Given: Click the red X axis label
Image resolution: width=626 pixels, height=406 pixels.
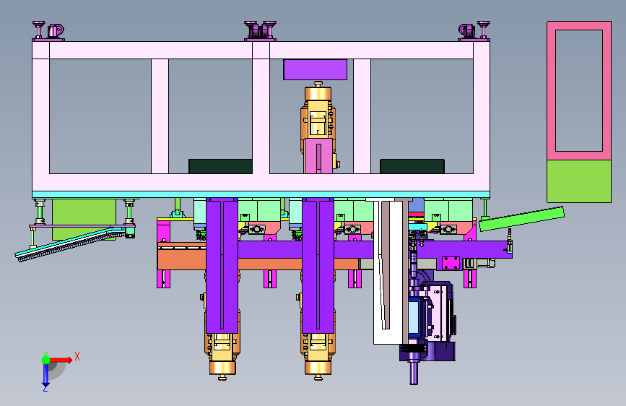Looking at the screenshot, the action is pos(77,356).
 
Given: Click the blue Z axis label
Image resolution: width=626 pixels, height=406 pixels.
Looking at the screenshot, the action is pos(45,388).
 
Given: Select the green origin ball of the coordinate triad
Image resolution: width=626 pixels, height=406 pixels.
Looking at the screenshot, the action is pos(46,360).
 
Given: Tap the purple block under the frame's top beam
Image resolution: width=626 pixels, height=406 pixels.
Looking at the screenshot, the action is pos(315,69).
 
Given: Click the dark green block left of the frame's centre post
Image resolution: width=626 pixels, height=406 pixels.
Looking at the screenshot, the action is pos(220,166).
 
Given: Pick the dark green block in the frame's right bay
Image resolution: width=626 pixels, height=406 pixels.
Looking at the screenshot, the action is pos(412,166).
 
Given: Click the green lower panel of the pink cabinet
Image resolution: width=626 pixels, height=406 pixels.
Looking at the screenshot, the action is pos(579,181).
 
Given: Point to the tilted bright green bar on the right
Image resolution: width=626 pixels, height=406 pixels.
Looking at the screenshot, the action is pos(521,219).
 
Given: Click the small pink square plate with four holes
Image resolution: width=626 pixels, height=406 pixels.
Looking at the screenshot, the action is pos(451,264).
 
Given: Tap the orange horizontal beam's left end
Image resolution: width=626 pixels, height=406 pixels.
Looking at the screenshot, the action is pos(159,256).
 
